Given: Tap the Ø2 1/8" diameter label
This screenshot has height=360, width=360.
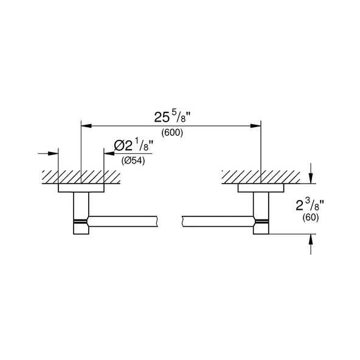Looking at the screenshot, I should pos(134,145).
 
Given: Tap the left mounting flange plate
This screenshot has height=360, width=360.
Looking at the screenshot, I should pos(81,188).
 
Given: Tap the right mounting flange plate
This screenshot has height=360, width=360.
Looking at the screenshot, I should pos(260,188).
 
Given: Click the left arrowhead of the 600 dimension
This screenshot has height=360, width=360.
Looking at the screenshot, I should pos(86,126).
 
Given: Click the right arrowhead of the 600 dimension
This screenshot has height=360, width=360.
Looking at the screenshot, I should pos(256,126).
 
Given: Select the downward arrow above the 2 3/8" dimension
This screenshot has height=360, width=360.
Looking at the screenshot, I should pos(311,178).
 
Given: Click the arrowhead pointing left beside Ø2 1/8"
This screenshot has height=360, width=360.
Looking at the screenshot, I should pos(109,153).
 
